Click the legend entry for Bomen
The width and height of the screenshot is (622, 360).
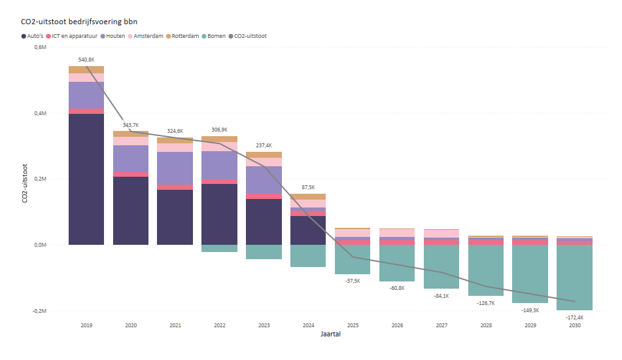point(216,36)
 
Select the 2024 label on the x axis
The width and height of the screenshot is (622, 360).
point(308,325)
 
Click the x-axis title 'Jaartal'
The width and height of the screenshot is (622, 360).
point(330,334)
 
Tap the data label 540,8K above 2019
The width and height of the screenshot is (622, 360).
point(86,60)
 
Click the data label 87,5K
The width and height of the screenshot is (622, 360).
point(308,187)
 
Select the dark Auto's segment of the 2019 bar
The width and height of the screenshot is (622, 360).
point(86,179)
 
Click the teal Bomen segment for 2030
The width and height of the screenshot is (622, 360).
point(574,278)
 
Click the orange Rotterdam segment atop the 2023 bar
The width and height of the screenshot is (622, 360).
point(264,155)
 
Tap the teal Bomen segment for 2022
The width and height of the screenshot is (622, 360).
point(219,248)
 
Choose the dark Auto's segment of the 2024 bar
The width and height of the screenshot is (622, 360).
point(308,230)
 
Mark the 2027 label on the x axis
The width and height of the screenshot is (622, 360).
point(441,325)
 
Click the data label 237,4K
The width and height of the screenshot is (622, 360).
point(264,145)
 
